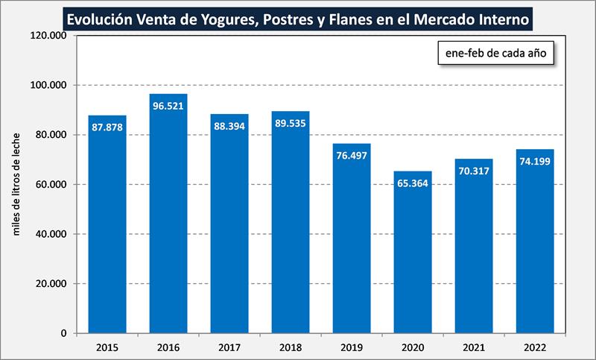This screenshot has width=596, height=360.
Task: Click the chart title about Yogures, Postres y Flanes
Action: (298, 17)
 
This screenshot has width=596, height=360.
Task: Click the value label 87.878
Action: (107, 127)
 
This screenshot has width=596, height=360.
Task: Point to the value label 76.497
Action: (352, 156)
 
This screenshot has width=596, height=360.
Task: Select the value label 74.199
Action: (535, 162)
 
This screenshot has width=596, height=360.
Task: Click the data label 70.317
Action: (474, 171)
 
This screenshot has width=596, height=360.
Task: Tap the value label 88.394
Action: (229, 126)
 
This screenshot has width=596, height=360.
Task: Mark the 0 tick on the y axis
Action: (66, 333)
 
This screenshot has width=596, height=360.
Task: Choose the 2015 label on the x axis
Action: (107, 347)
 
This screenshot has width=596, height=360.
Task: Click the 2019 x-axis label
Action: (352, 347)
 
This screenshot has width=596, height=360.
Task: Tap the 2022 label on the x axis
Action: (535, 347)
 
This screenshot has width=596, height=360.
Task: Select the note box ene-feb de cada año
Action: (496, 54)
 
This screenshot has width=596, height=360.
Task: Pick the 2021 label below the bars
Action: (474, 347)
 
